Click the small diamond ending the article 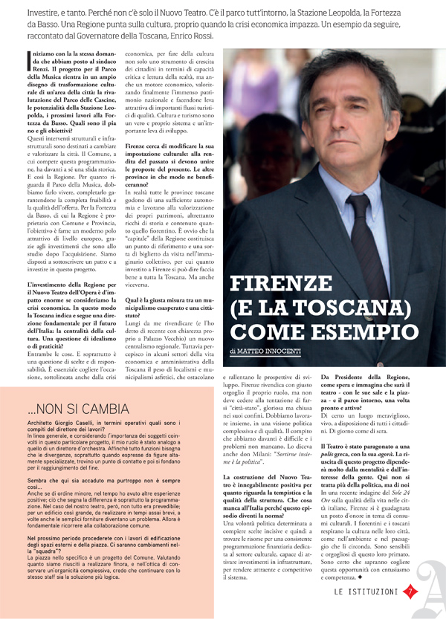pos(372,577)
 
